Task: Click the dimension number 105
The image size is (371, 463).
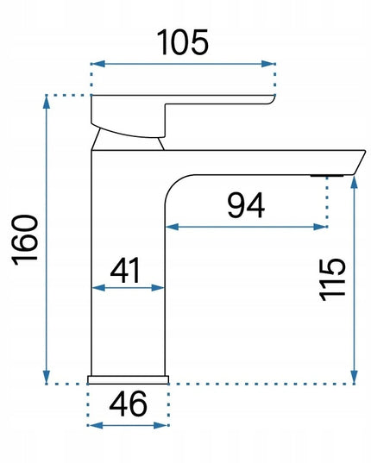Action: [183, 42]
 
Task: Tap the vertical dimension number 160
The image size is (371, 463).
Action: [25, 240]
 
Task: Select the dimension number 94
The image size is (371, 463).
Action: [246, 205]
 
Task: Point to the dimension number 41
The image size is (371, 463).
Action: [125, 270]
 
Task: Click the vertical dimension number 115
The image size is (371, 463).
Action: [332, 279]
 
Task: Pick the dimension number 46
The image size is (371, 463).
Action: [128, 404]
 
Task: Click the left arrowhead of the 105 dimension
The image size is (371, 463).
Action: [98, 64]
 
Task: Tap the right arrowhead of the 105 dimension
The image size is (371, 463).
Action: [268, 64]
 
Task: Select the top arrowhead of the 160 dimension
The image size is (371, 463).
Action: [46, 102]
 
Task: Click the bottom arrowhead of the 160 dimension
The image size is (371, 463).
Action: [46, 377]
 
